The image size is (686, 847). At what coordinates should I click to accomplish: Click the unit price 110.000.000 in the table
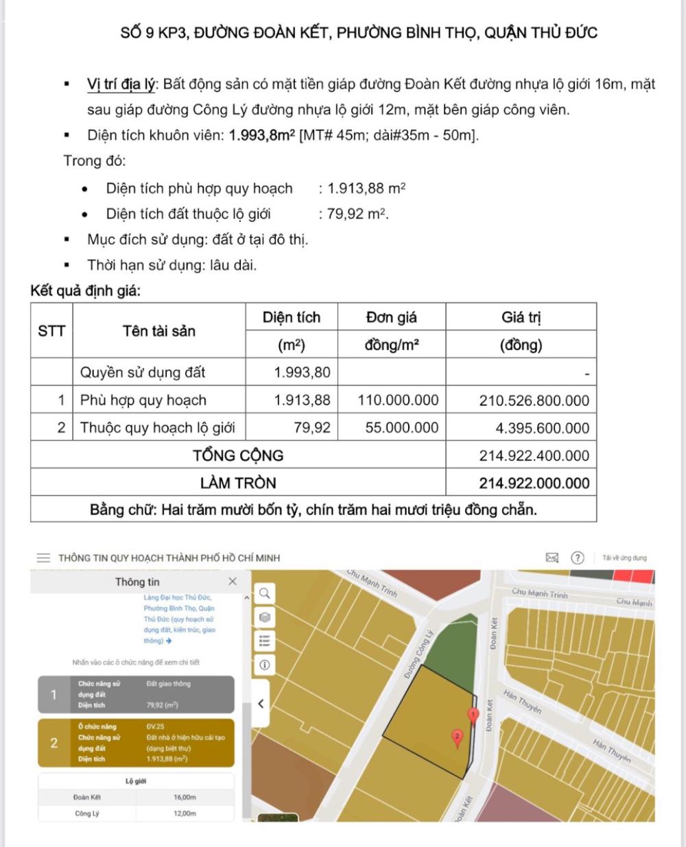pos(398,401)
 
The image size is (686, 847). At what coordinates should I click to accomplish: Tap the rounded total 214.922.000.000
pos(534,483)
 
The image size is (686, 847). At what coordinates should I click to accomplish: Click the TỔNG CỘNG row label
pos(238,455)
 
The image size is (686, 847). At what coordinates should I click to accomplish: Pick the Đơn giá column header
pos(391,318)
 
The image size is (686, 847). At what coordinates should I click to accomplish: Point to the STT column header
pos(51,331)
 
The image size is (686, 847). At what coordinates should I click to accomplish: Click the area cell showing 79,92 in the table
pos(312,428)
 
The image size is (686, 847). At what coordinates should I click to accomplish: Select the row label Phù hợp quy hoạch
pos(143,401)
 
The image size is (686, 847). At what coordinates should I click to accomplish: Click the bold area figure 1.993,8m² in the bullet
pos(262,135)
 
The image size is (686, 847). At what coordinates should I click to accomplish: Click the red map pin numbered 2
pos(458,737)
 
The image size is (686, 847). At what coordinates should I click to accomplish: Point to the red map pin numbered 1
pos(473,715)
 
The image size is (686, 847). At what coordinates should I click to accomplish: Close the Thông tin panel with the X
pos(233,582)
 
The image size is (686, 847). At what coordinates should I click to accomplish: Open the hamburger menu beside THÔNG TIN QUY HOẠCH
pos(43,558)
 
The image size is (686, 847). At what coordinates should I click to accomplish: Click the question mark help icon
pos(578,558)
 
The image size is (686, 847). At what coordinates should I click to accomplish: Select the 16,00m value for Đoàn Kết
pos(185,798)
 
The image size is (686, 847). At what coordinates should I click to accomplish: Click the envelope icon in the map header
pos(552,558)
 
